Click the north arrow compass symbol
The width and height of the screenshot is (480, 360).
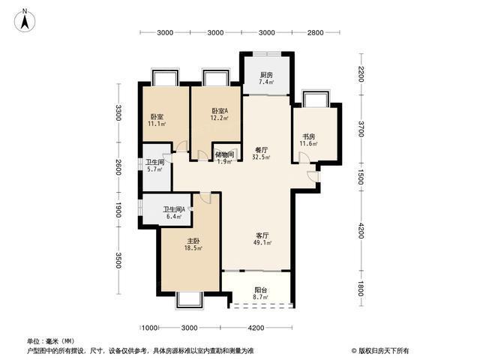tap(25, 20)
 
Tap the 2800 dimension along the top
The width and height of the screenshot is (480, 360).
tap(315, 32)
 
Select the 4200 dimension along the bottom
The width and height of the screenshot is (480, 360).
tap(256, 328)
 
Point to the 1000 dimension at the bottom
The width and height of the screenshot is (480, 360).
tap(150, 328)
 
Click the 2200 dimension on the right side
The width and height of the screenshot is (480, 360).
tap(361, 74)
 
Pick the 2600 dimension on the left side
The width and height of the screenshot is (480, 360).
tap(118, 167)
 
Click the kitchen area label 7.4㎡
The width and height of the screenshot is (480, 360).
tap(266, 82)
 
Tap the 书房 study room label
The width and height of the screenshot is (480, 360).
tap(308, 136)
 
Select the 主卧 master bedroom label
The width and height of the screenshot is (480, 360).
tap(193, 241)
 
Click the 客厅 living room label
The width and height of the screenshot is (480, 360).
tap(262, 235)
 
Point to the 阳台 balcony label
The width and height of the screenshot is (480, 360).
tap(261, 289)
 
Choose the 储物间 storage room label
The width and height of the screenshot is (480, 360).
tap(225, 154)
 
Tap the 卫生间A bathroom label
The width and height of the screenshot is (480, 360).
tap(174, 209)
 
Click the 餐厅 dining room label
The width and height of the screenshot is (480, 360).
tap(262, 150)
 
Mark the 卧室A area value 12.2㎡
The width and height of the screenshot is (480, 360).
tap(219, 118)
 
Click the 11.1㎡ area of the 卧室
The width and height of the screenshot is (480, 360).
tap(157, 124)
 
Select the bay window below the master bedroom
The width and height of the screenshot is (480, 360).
tap(190, 300)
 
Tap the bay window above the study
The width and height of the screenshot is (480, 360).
tap(316, 98)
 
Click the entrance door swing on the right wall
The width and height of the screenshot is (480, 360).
tap(313, 177)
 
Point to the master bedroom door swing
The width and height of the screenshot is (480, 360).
tap(205, 198)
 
